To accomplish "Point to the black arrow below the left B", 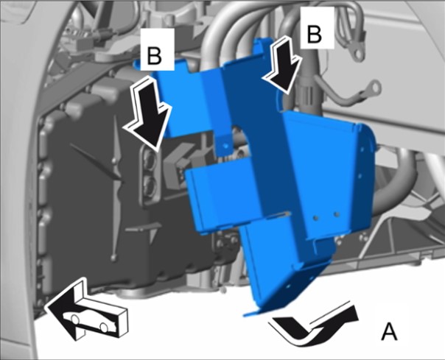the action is point(147,113).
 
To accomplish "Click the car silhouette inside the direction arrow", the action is point(89,322).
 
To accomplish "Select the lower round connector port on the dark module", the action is point(149,185).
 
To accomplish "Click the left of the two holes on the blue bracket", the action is point(315,217).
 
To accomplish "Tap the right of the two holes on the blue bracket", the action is point(337,213).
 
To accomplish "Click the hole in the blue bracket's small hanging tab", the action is point(226,147).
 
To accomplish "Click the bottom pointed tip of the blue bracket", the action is point(244,315).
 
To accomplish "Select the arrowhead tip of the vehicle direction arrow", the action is point(46,307).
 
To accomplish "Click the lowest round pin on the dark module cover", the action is point(113,258).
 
